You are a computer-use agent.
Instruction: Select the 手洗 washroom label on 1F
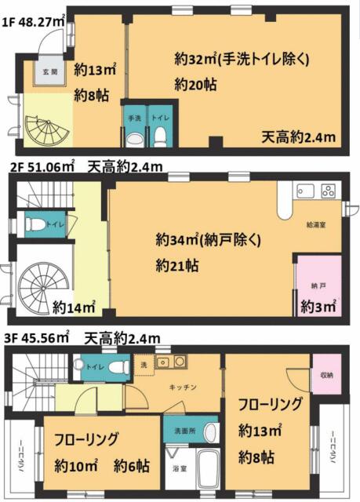tap(133, 118)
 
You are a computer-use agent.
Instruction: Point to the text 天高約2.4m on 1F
tap(299, 137)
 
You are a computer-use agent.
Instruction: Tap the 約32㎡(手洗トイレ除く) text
tap(243, 58)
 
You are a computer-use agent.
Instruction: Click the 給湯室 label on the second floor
tap(318, 224)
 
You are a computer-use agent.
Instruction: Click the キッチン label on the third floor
tap(183, 386)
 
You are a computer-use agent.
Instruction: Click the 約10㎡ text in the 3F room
tap(76, 464)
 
